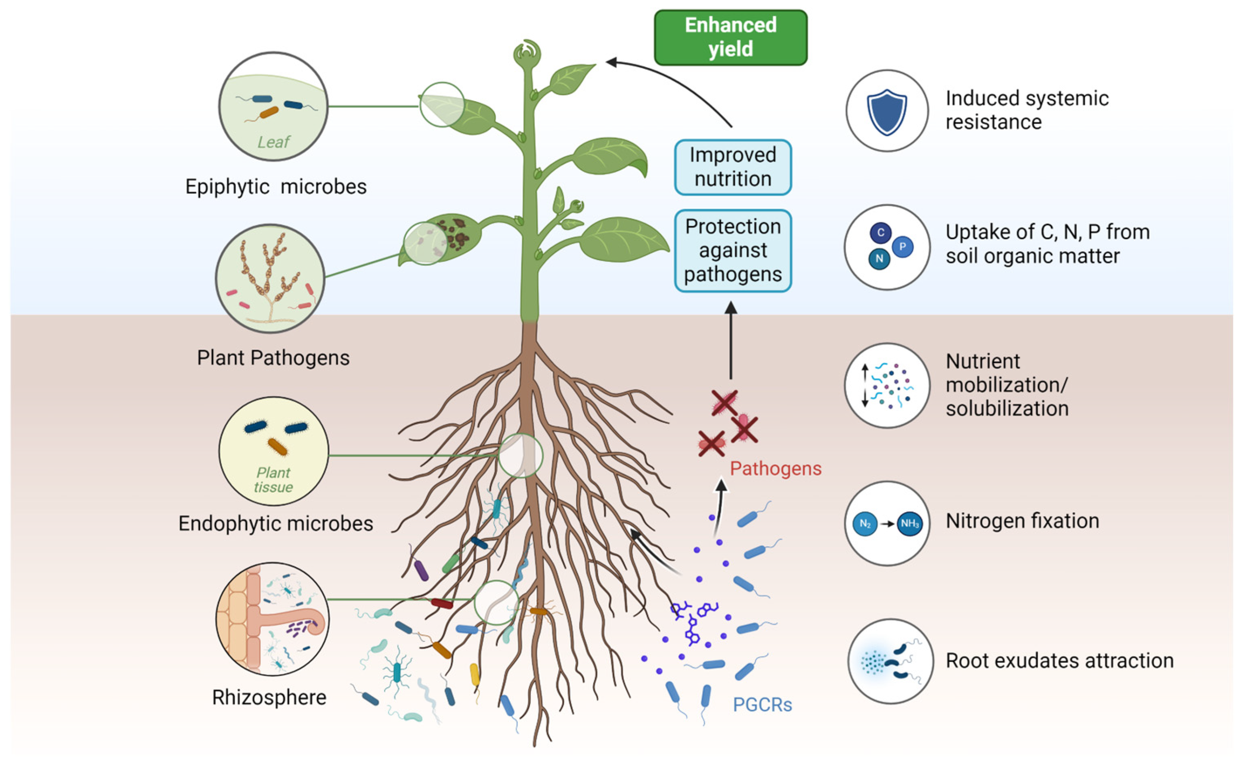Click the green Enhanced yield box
pos(730,37)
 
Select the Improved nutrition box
pos(732,167)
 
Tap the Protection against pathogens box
pos(732,250)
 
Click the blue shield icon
pos(886,112)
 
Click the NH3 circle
pos(909,523)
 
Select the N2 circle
pos(864,523)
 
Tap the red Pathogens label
pos(775,468)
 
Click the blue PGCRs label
pos(762,704)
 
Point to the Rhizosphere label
pos(269,696)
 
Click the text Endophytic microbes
pos(275,523)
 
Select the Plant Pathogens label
pos(273,358)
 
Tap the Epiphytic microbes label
pos(276,186)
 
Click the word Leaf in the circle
pos(273,142)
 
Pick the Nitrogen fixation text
pos(1022,521)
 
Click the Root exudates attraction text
pos(1059,660)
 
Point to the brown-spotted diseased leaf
pos(441,239)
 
